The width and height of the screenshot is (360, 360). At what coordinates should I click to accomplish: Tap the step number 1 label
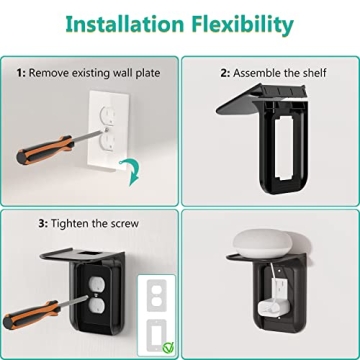coord(20,72)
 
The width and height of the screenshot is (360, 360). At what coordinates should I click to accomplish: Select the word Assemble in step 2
coord(259,72)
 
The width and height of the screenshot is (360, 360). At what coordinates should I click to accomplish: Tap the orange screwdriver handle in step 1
coord(35,154)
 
